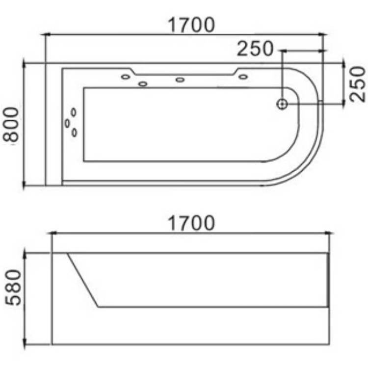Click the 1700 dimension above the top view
(x=191, y=25)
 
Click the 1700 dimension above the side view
(x=191, y=223)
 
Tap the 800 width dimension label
(x=11, y=125)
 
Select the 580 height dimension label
(x=13, y=287)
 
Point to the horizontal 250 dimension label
(x=255, y=49)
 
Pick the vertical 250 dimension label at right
(x=358, y=84)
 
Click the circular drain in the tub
(x=282, y=104)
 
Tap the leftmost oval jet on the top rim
(x=126, y=77)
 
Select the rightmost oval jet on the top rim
(x=243, y=77)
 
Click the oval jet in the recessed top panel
(x=180, y=80)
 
